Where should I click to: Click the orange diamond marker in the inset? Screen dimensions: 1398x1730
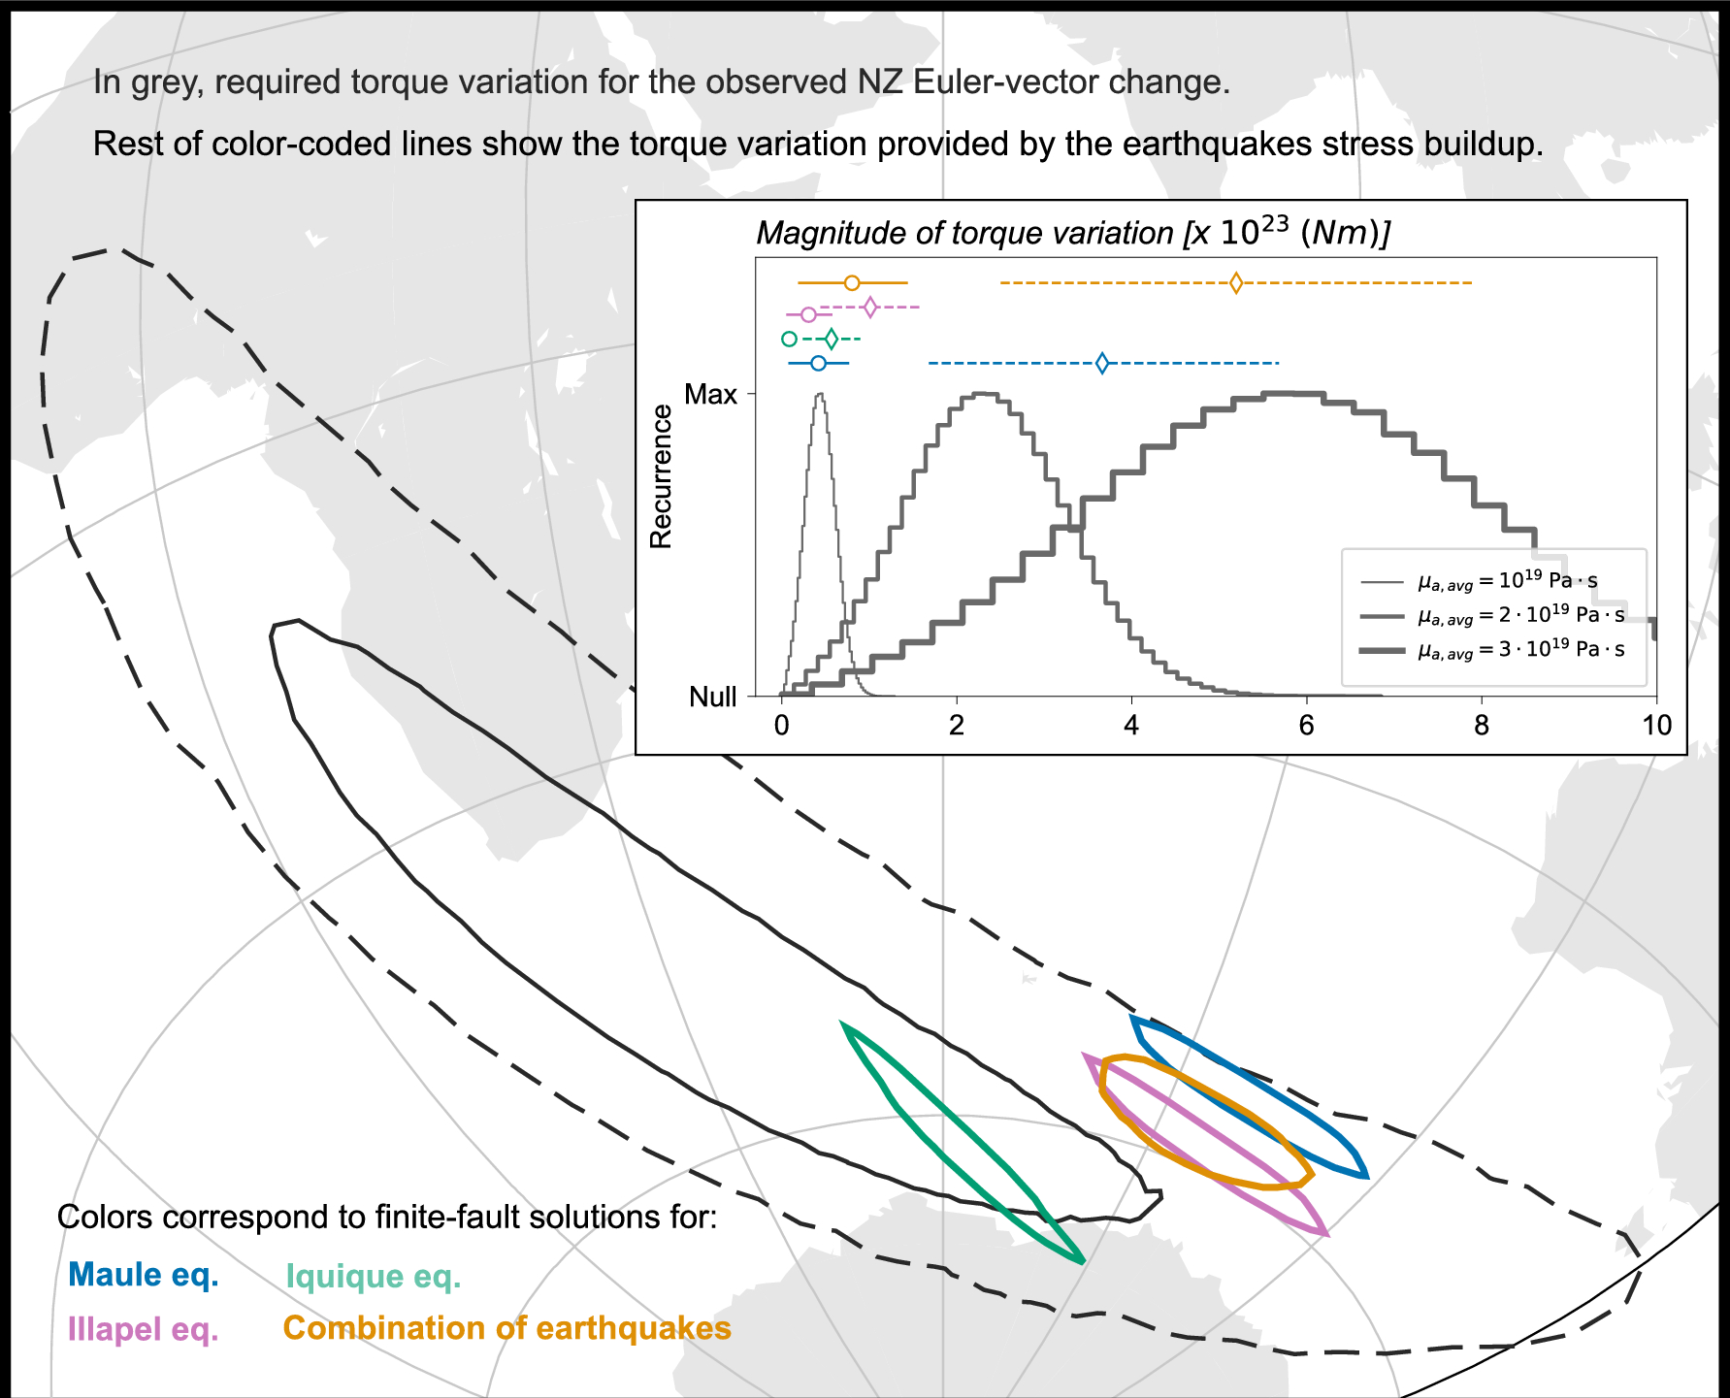[1235, 283]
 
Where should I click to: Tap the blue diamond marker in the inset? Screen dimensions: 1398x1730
[1102, 364]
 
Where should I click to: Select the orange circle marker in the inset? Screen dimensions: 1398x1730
[852, 283]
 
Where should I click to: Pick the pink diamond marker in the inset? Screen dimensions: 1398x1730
[870, 308]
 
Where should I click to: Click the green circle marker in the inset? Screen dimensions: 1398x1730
[790, 339]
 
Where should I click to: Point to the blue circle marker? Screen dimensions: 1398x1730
[818, 364]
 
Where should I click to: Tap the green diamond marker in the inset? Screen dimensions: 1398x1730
[832, 339]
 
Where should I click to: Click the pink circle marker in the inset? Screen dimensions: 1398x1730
[809, 314]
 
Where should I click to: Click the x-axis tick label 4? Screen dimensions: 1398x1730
[1131, 726]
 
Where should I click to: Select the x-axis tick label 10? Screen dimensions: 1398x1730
[1656, 726]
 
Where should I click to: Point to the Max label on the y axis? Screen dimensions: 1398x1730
[711, 394]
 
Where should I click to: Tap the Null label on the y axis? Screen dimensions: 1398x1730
[713, 697]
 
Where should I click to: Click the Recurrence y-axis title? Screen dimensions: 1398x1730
[661, 477]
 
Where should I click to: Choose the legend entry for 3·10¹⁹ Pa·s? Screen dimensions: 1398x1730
[1520, 650]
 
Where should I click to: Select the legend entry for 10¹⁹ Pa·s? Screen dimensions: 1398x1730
[1507, 582]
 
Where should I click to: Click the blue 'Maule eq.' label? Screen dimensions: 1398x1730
[144, 1275]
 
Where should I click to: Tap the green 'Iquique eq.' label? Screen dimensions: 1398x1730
[374, 1277]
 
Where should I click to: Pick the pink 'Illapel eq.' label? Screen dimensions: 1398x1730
[144, 1328]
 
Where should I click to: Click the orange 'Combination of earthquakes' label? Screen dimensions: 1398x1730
[506, 1328]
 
